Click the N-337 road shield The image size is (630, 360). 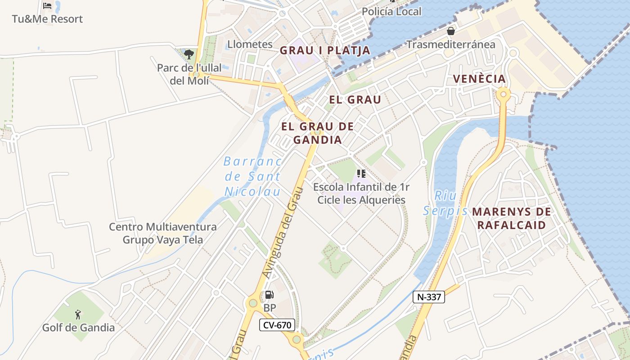click(x=429, y=297)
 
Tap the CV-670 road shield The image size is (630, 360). click(x=277, y=325)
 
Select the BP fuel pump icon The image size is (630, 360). click(x=269, y=295)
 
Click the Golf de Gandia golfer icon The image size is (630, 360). click(x=78, y=314)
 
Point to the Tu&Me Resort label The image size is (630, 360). click(x=47, y=19)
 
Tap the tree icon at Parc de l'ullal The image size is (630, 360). click(x=189, y=54)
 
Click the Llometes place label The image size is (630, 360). click(x=250, y=44)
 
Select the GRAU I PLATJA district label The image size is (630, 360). click(x=325, y=50)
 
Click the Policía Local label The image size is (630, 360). click(x=391, y=11)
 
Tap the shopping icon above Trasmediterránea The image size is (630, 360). click(x=450, y=31)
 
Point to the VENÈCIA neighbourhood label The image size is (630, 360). click(x=479, y=79)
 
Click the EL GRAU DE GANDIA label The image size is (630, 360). click(x=317, y=133)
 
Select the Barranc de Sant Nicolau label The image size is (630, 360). click(x=252, y=176)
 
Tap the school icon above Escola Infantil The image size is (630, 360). click(x=361, y=173)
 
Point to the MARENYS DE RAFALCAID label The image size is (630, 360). click(x=511, y=218)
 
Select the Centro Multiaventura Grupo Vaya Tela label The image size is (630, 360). click(x=162, y=233)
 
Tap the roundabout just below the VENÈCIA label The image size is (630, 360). click(x=503, y=95)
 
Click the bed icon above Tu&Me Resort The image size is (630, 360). click(x=47, y=6)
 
